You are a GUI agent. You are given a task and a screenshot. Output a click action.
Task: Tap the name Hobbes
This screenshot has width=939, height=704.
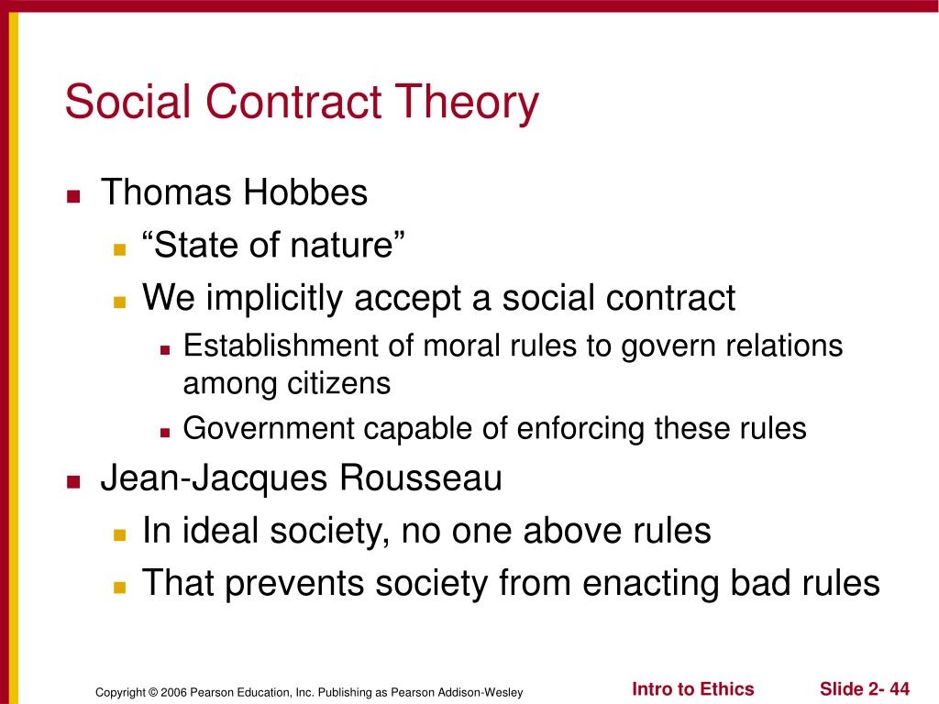[x=304, y=192]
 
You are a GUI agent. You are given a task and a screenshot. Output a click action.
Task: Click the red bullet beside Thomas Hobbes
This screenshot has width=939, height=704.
[x=73, y=196]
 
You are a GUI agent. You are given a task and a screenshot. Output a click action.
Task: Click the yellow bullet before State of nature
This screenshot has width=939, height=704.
[x=120, y=249]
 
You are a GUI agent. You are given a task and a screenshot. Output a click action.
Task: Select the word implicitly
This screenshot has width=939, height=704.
[x=274, y=298]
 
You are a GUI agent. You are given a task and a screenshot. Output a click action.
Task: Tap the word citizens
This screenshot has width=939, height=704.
[x=338, y=383]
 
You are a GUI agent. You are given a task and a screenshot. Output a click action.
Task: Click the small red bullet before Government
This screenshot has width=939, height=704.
[x=165, y=433]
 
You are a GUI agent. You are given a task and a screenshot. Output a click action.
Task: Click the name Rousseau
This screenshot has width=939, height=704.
[x=421, y=478]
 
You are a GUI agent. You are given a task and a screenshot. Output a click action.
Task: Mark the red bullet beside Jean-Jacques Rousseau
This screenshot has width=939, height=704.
[x=73, y=482]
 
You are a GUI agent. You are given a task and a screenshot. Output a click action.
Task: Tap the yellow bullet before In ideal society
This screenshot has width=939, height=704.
[x=120, y=534]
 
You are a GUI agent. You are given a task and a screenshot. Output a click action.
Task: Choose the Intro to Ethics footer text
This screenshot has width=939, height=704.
[x=693, y=689]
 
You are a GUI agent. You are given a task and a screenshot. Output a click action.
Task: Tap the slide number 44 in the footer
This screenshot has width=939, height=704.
[x=900, y=689]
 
